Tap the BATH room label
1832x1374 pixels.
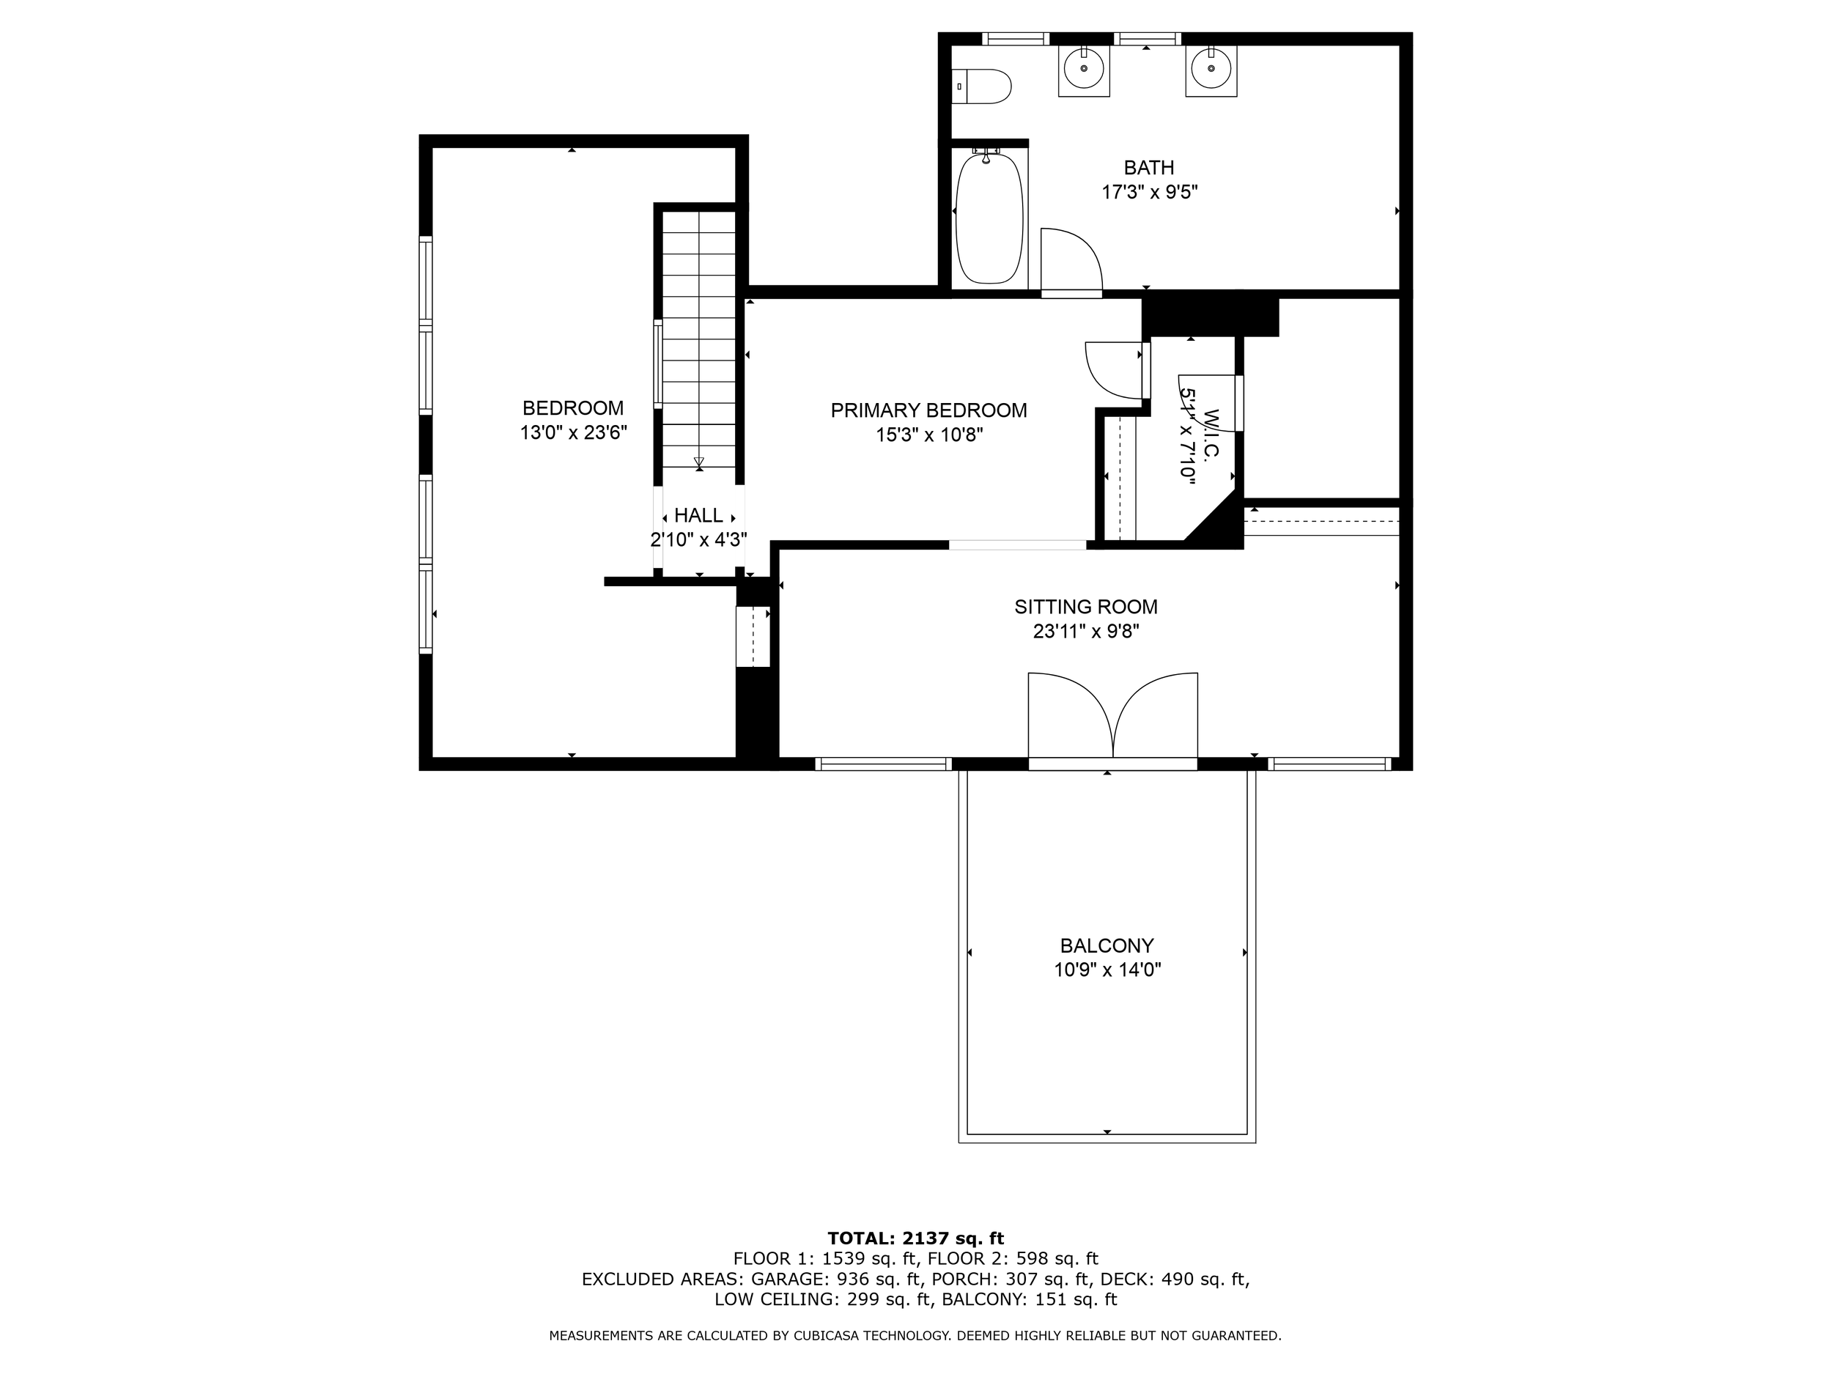click(1149, 168)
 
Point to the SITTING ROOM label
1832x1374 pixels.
click(1086, 607)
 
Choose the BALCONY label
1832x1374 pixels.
click(1107, 946)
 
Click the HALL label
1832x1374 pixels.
click(698, 516)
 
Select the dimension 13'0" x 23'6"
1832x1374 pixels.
click(573, 433)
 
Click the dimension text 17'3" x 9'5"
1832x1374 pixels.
click(1150, 193)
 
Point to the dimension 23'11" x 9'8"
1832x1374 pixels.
click(1086, 632)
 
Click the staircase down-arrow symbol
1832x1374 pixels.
click(699, 463)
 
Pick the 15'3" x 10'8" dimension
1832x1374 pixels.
click(929, 435)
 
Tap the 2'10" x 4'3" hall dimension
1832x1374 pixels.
click(698, 540)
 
